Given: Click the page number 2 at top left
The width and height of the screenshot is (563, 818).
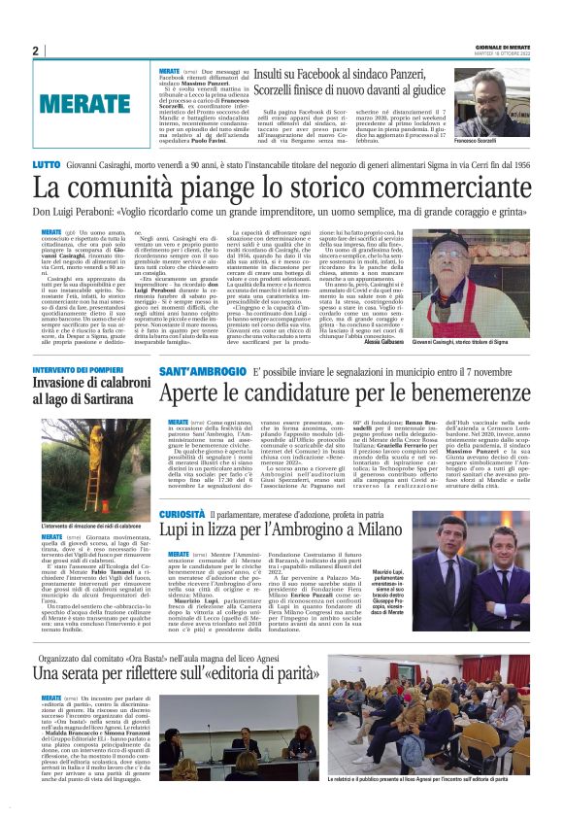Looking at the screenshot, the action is pyautogui.click(x=35, y=51).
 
